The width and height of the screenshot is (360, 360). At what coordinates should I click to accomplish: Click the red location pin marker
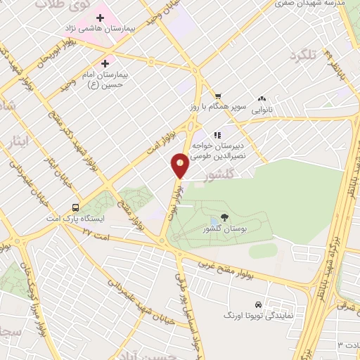tap(180, 165)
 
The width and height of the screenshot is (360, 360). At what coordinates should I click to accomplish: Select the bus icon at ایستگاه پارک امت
tap(75, 208)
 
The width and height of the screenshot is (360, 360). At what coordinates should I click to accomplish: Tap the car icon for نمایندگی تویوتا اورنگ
tap(259, 305)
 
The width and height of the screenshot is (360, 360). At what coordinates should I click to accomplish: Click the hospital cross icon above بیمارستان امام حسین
tap(105, 62)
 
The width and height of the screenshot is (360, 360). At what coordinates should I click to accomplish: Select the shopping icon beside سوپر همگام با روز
tap(218, 96)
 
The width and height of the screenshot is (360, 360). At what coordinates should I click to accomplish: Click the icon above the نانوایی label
tap(262, 99)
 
